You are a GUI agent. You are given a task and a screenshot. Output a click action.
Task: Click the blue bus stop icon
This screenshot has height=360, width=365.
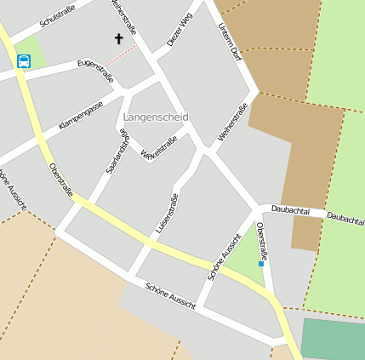coord(24,60)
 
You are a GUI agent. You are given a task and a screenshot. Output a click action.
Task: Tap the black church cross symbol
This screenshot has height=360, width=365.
coord(118,38)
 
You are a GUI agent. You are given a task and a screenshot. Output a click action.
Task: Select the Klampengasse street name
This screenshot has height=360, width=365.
coord(81,115)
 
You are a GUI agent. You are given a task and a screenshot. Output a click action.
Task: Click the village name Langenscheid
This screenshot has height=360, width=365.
coord(156,116)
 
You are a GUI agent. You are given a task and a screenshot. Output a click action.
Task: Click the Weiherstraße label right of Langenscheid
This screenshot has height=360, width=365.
coord(232,120)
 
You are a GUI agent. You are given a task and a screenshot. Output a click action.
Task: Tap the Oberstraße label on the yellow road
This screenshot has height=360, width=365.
coord(60,180)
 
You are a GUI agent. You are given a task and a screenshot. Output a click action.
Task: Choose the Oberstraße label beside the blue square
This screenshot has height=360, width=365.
coord(262,240)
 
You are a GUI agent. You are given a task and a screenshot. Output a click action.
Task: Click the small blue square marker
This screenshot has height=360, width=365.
coord(261,264)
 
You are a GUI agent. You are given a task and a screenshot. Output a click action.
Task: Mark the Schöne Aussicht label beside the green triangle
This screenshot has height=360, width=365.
coord(225,255)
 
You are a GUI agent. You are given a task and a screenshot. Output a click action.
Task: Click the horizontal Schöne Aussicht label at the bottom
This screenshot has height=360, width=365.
coord(170,295)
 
